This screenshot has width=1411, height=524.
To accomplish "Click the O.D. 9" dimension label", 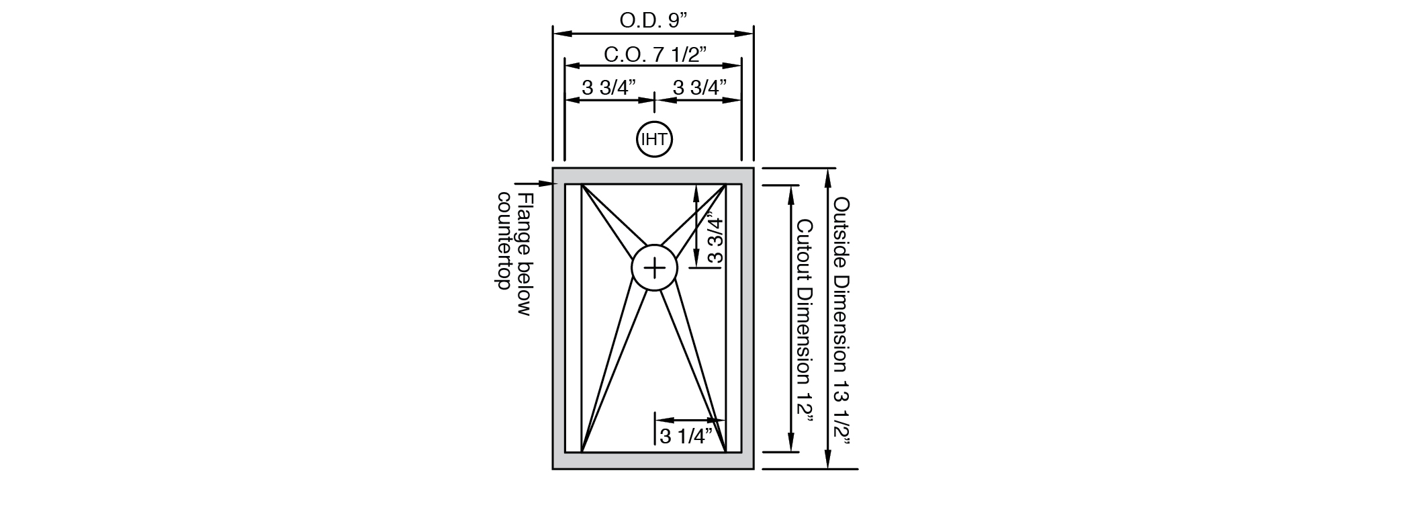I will point(653,20).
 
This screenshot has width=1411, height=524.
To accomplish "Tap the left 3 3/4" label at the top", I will point(608,88).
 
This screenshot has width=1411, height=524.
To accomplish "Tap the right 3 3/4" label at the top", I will point(700,88).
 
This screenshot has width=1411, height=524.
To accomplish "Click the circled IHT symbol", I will point(654,140).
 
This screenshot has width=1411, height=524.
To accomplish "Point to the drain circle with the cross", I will point(654,268).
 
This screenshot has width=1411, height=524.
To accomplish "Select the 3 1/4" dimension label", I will point(685,436).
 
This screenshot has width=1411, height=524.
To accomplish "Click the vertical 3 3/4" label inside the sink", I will point(715,239).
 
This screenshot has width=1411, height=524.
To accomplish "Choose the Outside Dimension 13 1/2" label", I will point(842,321).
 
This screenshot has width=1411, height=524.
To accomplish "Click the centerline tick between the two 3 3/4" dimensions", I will point(654,101).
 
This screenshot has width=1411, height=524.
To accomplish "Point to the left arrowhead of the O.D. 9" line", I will point(559,32).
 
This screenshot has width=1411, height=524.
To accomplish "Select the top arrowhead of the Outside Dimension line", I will point(828,174).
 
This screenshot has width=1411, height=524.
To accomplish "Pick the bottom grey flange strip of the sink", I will point(653,460).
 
